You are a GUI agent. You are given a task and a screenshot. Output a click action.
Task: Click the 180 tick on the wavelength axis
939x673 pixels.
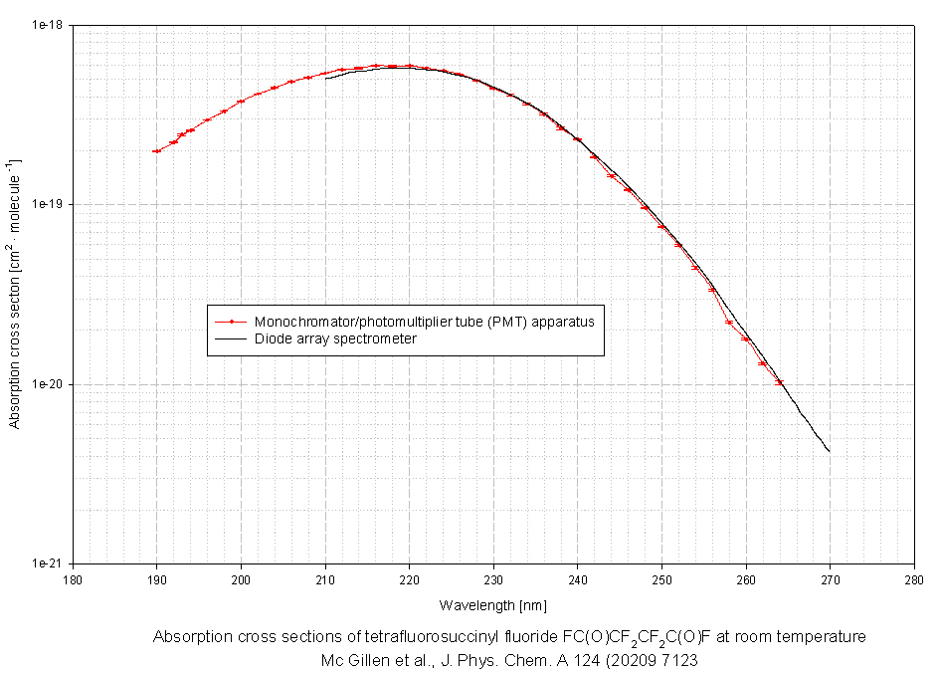pos(73,577)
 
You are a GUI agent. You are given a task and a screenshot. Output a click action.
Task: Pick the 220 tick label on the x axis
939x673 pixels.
pos(409,577)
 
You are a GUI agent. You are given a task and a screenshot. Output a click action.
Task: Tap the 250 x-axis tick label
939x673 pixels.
pos(661,577)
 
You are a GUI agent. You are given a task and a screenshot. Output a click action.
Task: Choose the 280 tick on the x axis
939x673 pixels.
pos(914,577)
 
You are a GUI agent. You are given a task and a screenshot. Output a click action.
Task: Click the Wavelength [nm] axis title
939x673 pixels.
pos(492,604)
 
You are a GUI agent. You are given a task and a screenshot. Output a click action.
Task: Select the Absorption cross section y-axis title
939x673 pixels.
pos(14,293)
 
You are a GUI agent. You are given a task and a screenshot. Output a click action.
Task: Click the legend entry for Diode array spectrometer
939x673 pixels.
pos(334,338)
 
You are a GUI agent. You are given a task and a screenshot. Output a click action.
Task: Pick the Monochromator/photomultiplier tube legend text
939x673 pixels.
pos(424,322)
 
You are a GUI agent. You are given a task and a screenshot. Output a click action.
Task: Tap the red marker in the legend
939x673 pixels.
pos(231,322)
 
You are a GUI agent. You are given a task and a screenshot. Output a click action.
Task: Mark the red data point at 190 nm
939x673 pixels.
pos(156,151)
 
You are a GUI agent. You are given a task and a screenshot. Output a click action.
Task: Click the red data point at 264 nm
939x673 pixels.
pos(779,382)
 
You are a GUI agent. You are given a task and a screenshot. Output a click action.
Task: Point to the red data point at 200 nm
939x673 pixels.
pos(241,101)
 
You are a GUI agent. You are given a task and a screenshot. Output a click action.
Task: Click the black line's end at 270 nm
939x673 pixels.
pos(830,451)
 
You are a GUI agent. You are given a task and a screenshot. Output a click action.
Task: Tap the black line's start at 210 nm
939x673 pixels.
pos(325,77)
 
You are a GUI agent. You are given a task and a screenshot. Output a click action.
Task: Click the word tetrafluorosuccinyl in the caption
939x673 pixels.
pos(421,637)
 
